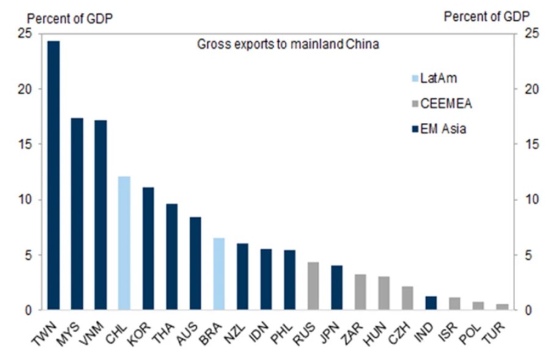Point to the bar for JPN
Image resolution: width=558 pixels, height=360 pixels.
pyautogui.click(x=337, y=288)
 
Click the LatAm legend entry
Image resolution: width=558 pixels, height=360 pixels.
pyautogui.click(x=434, y=78)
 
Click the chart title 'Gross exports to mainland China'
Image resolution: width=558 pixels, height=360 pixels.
pyautogui.click(x=287, y=45)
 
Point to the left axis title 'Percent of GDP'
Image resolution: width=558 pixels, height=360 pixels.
pyautogui.click(x=70, y=18)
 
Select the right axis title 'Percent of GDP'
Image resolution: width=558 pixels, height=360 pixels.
pyautogui.click(x=486, y=17)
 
